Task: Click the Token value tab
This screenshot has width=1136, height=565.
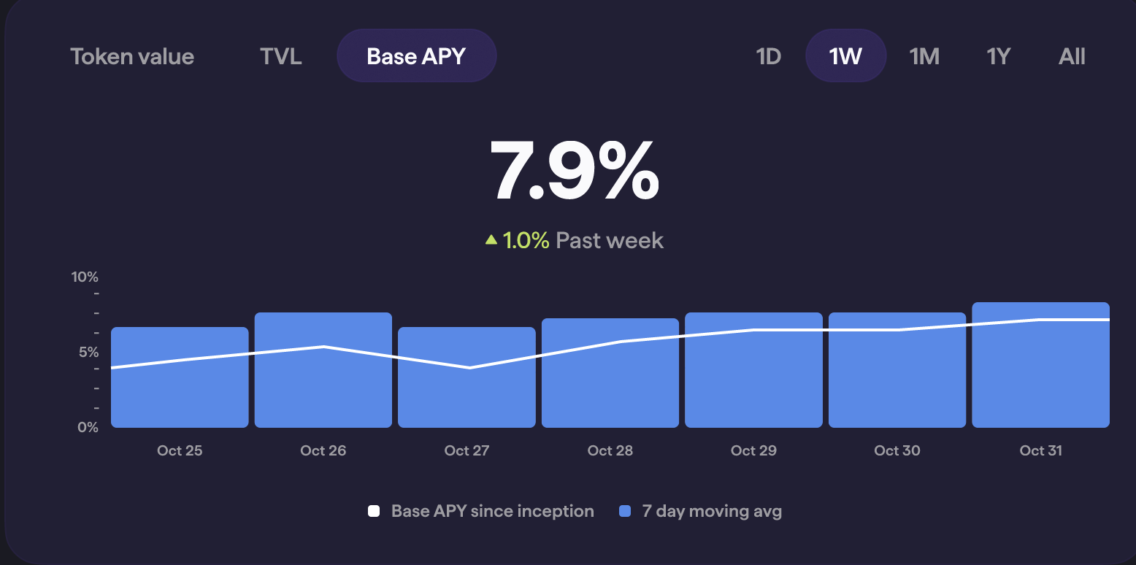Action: [132, 56]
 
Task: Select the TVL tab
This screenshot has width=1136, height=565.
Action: [280, 56]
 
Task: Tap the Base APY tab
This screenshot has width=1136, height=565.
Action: [416, 56]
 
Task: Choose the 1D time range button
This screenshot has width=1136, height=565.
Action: [768, 56]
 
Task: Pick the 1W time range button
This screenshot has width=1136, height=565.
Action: [845, 56]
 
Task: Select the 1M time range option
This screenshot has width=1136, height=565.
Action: [924, 56]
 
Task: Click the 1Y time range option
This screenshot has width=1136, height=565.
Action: [998, 56]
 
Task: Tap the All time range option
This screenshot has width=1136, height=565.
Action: [1072, 56]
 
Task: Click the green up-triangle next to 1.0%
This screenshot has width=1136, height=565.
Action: [491, 239]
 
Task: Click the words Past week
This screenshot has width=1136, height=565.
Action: [610, 240]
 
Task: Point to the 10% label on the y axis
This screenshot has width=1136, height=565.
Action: [85, 277]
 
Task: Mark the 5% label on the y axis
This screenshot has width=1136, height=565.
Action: [88, 352]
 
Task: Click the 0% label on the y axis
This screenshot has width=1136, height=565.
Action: [88, 427]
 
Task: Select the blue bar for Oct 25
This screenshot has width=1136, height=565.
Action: [180, 394]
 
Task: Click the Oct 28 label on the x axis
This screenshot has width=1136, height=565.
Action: [610, 450]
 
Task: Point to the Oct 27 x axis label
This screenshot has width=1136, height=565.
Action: [467, 450]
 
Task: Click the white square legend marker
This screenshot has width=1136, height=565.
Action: [374, 511]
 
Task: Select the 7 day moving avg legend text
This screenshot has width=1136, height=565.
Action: [712, 511]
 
